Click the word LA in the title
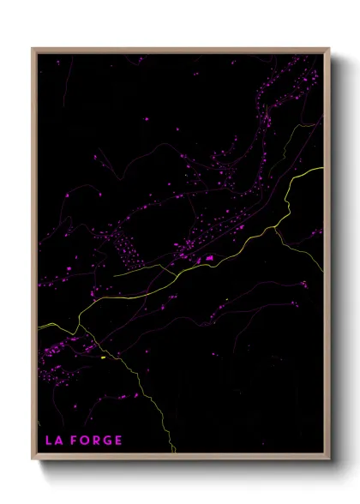[54, 441]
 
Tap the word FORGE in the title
[97, 441]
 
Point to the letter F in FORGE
[75, 441]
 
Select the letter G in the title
[108, 441]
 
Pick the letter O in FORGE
[85, 441]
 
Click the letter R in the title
[97, 441]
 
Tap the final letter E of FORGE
[118, 441]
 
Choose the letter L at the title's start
[49, 441]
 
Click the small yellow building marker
[102, 357]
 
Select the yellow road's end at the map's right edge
[322, 168]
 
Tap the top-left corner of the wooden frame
[33, 49]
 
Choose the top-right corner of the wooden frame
[329, 49]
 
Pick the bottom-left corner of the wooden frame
[33, 459]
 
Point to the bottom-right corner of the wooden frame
[329, 459]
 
